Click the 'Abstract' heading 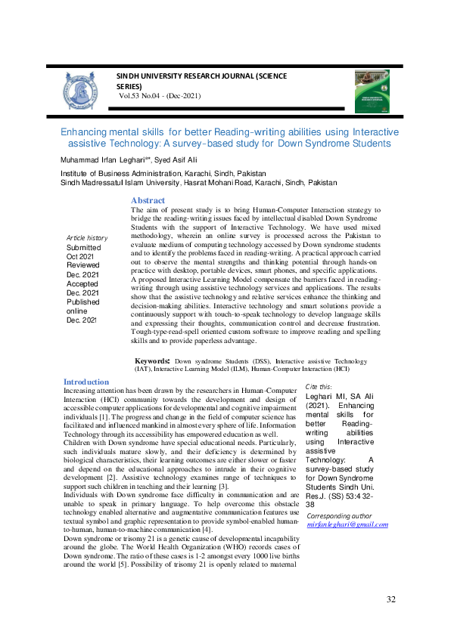click(148, 200)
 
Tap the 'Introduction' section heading click(86, 382)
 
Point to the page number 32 click(391, 600)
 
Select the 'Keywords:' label click(152, 361)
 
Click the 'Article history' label click(87, 238)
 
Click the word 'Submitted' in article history click(83, 248)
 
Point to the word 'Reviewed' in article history click(83, 265)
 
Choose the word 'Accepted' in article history click(83, 283)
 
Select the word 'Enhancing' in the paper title click(86, 131)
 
